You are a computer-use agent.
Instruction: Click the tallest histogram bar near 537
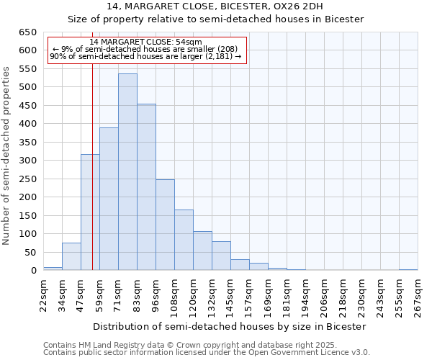127,172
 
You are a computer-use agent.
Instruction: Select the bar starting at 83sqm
146,187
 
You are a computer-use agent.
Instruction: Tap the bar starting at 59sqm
109,199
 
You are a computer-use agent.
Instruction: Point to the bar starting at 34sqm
71,256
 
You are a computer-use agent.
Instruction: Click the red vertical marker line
93,180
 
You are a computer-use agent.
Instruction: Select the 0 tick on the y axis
33,271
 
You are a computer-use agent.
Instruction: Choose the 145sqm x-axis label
230,294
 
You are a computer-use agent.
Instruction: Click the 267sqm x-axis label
418,294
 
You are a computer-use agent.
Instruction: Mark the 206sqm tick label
324,294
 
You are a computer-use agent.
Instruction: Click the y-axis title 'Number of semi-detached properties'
7,156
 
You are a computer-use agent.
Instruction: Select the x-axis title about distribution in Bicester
230,326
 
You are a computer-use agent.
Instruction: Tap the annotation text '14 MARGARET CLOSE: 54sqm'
146,42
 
